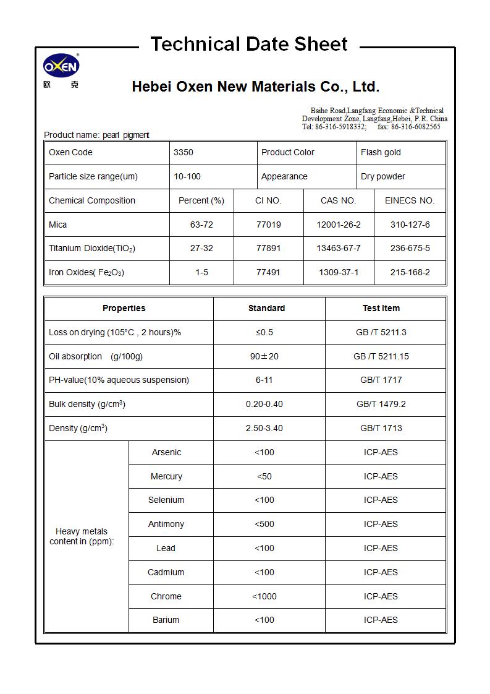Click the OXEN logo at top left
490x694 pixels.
(61, 66)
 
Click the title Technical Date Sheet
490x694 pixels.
(249, 45)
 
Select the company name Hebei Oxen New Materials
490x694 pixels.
(255, 87)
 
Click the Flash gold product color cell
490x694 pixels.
(381, 152)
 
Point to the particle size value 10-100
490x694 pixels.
(187, 176)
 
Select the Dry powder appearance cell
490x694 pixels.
(383, 176)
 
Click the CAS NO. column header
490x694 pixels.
(339, 200)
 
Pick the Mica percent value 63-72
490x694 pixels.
(201, 225)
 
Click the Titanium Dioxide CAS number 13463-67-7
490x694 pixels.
(339, 248)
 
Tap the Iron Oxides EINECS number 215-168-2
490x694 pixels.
(410, 272)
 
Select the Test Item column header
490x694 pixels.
(381, 308)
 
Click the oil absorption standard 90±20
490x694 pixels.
(264, 356)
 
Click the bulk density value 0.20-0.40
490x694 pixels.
(264, 404)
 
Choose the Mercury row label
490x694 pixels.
(166, 476)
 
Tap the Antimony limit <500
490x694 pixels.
(264, 524)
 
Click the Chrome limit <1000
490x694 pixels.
(264, 596)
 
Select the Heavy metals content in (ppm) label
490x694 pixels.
(82, 536)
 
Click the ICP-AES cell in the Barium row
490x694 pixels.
(381, 620)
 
